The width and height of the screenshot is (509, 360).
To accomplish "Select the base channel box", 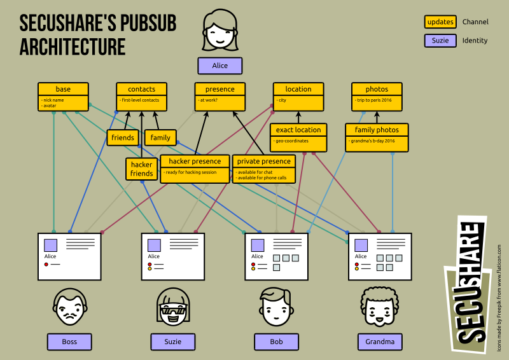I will (63, 96).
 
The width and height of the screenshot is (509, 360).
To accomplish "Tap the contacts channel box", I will (141, 96).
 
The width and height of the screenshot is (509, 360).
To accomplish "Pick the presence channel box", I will (220, 96).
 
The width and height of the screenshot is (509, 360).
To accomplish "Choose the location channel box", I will (298, 96).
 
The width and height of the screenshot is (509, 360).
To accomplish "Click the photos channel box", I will (377, 96).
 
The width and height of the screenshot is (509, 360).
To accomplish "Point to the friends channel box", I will (123, 137).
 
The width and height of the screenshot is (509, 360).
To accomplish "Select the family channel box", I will (160, 137).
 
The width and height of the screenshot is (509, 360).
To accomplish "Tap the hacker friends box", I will (141, 169).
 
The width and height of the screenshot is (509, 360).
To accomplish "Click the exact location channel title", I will (298, 130).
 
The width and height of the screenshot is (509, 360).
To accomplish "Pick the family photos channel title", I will (377, 130).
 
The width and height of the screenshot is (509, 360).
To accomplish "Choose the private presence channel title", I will (264, 161).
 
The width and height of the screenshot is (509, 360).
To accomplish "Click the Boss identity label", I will (69, 342).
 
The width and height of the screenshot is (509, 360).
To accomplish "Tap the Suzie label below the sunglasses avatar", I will (172, 342).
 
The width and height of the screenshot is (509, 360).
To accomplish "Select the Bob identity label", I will (276, 342).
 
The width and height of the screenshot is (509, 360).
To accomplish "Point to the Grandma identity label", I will (380, 342).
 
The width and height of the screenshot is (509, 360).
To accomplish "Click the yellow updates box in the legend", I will (440, 22).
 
